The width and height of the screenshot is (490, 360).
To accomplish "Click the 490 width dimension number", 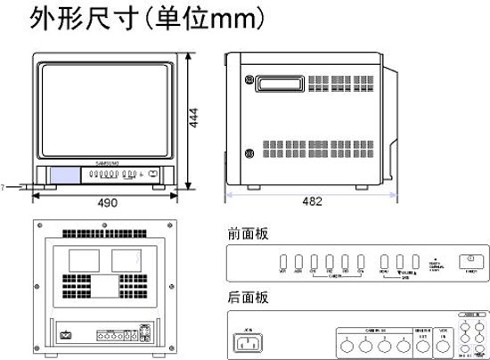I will (x=107, y=203).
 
